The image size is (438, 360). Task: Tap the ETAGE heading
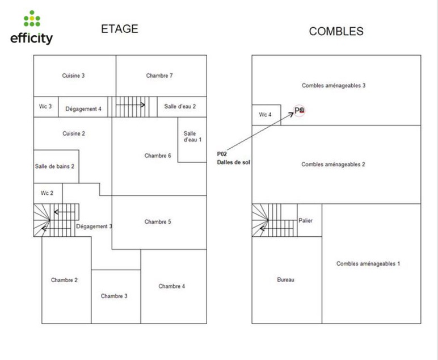pyautogui.click(x=119, y=29)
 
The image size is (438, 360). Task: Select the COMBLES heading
pyautogui.click(x=336, y=31)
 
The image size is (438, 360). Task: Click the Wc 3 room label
pyautogui.click(x=45, y=106)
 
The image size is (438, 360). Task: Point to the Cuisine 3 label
pyautogui.click(x=74, y=76)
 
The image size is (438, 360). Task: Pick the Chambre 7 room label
pyautogui.click(x=159, y=76)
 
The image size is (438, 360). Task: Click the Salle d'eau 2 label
pyautogui.click(x=180, y=106)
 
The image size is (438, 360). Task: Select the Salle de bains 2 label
pyautogui.click(x=55, y=166)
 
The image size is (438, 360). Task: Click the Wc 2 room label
pyautogui.click(x=47, y=193)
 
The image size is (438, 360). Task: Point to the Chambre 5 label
pyautogui.click(x=157, y=222)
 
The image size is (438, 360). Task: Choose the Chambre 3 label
pyautogui.click(x=114, y=296)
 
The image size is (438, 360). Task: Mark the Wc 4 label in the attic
pyautogui.click(x=266, y=115)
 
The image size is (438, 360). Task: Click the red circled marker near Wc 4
pyautogui.click(x=300, y=111)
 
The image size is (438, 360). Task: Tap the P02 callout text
pyautogui.click(x=222, y=154)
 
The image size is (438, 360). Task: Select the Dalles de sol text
pyautogui.click(x=233, y=162)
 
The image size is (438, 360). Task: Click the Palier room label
pyautogui.click(x=306, y=221)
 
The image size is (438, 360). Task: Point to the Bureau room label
pyautogui.click(x=285, y=279)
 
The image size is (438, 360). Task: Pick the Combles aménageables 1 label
pyautogui.click(x=368, y=263)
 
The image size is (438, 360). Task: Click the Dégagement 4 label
pyautogui.click(x=83, y=109)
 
